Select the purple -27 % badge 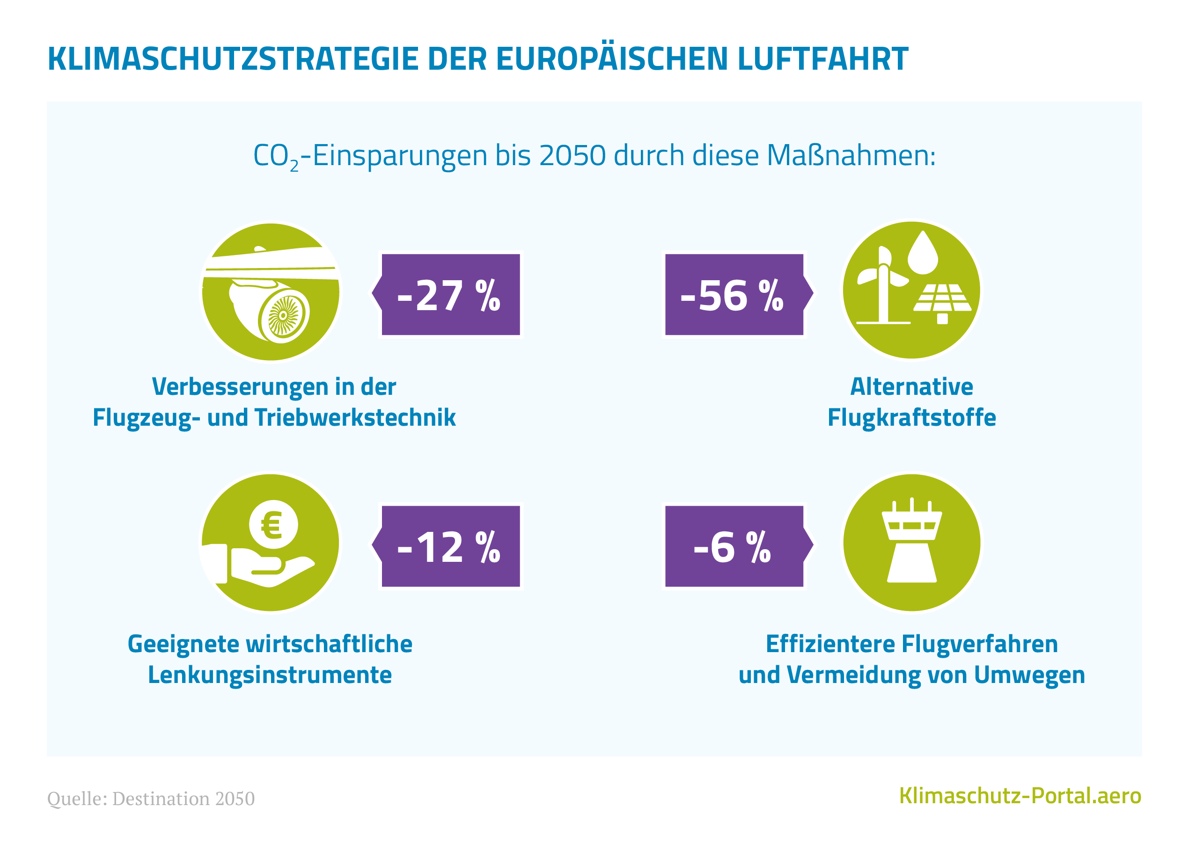(x=450, y=295)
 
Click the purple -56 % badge (x=734, y=295)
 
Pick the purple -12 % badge (x=450, y=546)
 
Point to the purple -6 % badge (x=734, y=546)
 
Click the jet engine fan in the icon (x=283, y=316)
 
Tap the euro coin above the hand (x=273, y=524)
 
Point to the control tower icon (x=911, y=542)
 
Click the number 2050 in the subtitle (x=572, y=155)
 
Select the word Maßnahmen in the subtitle (x=851, y=155)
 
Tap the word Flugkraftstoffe (x=911, y=418)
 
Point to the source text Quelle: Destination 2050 (x=151, y=799)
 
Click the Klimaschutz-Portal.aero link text (x=1020, y=796)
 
